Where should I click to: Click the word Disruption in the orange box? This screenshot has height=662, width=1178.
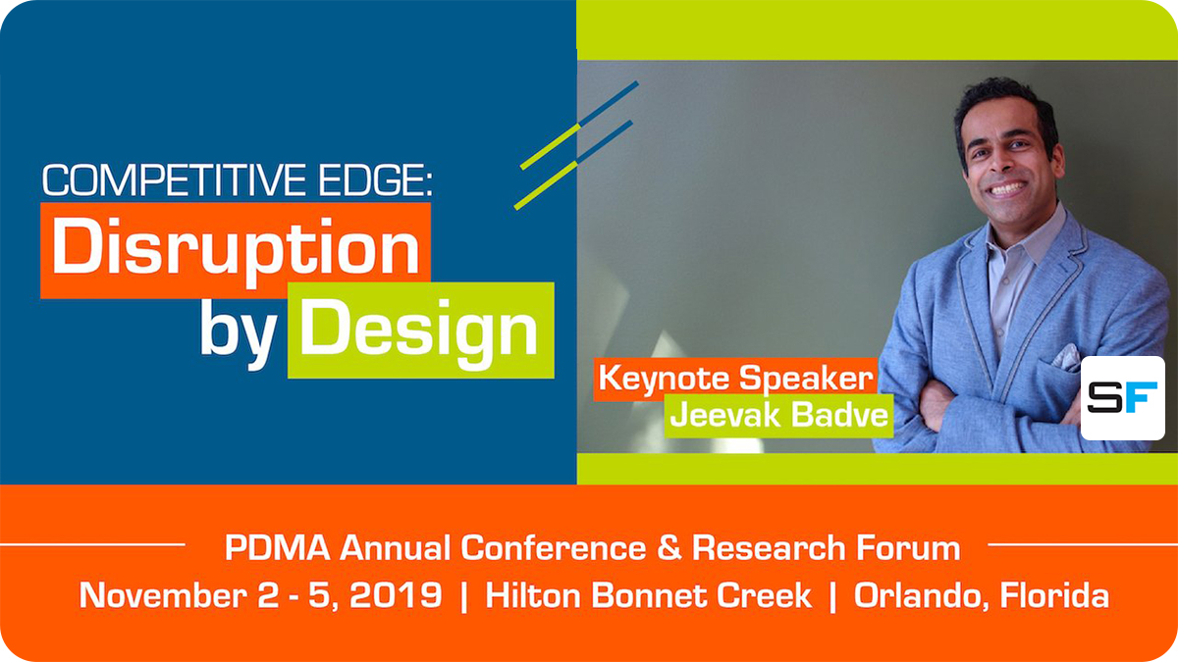[x=236, y=249]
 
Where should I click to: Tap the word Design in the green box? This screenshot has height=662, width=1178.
[x=419, y=331]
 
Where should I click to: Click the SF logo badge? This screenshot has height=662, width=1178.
[x=1122, y=397]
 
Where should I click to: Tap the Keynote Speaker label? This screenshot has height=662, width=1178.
[x=735, y=379]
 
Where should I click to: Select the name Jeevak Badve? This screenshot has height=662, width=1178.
[x=778, y=416]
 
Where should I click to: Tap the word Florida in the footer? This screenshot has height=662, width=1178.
[x=1054, y=595]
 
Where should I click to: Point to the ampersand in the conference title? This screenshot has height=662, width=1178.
[x=669, y=548]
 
